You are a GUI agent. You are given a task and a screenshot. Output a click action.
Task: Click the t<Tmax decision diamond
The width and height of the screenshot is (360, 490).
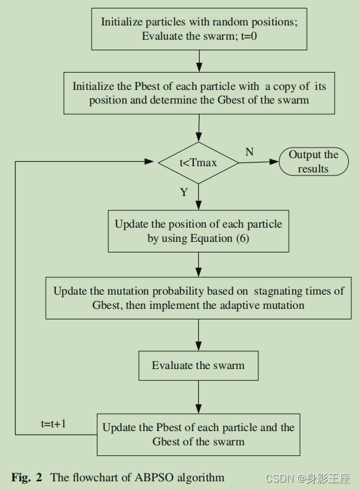click(x=198, y=163)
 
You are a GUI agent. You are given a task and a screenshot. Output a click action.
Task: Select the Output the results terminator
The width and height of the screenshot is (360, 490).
click(x=313, y=162)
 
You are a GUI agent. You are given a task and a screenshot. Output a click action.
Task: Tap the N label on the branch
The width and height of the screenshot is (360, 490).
click(x=249, y=152)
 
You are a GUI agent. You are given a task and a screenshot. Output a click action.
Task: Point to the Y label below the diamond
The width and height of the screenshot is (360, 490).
click(x=184, y=192)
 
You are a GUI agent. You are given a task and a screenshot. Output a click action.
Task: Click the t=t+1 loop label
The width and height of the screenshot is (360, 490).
click(x=54, y=424)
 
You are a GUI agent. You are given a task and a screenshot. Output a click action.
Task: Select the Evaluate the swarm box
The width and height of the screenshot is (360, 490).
click(x=198, y=366)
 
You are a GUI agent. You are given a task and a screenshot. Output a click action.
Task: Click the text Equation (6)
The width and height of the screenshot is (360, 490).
click(x=221, y=239)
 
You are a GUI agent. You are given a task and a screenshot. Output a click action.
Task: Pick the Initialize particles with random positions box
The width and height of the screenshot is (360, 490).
click(x=200, y=29)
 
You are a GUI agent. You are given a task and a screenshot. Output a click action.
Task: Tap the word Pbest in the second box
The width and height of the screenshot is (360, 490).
click(x=140, y=86)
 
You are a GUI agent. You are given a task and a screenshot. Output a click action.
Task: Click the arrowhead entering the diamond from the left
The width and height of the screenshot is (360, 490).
click(x=150, y=162)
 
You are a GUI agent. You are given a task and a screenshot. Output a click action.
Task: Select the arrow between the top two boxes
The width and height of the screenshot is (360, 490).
click(x=199, y=60)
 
